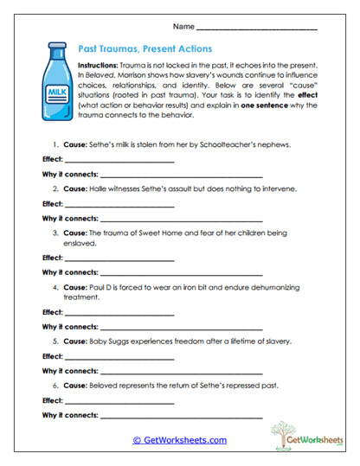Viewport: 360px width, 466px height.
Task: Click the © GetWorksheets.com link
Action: (179, 440)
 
